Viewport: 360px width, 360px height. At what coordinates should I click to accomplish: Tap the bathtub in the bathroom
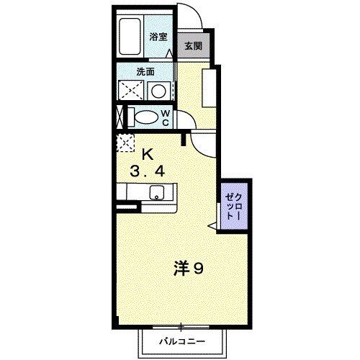pyautogui.click(x=131, y=37)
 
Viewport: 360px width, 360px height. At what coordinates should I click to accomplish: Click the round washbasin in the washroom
pyautogui.click(x=158, y=91)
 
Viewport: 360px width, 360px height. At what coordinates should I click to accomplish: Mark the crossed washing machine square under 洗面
pyautogui.click(x=130, y=91)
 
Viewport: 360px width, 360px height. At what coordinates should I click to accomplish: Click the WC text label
pyautogui.click(x=165, y=117)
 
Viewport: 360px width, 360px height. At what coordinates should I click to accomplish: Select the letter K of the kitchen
pyautogui.click(x=147, y=153)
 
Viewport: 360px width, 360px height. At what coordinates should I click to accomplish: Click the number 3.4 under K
pyautogui.click(x=147, y=171)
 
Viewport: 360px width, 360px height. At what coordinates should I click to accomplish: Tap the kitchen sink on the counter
pyautogui.click(x=156, y=193)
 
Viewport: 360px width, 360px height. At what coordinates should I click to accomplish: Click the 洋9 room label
pyautogui.click(x=190, y=269)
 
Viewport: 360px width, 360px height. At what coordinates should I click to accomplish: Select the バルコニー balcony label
pyautogui.click(x=183, y=341)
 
